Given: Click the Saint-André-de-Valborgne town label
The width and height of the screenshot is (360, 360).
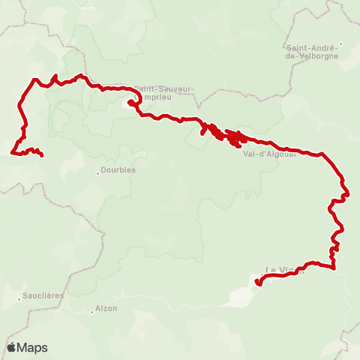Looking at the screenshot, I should (313, 52).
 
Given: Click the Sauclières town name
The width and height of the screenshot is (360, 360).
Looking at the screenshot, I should (43, 296).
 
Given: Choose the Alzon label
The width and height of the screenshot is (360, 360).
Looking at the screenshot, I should (106, 308).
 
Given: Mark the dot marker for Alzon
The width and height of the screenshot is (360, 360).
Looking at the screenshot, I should (91, 309).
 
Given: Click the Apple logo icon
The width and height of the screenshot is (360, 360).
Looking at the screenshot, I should (12, 346).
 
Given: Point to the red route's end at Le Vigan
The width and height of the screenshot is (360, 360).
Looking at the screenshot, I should (257, 283).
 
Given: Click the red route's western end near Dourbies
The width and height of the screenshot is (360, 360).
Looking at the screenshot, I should (40, 155).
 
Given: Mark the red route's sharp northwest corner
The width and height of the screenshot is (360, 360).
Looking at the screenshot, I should (34, 79).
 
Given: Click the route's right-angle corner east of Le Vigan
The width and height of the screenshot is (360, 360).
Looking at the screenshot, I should (332, 266).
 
